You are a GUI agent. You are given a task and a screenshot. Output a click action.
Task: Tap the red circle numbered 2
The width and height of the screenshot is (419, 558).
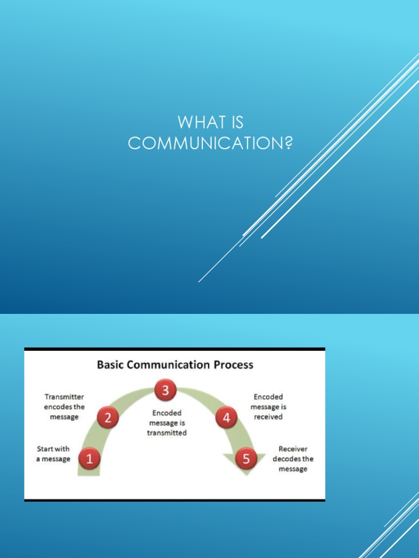108,418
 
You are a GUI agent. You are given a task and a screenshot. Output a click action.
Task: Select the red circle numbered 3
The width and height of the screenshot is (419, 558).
164,390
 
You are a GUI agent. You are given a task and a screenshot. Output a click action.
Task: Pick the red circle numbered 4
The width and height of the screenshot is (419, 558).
226,418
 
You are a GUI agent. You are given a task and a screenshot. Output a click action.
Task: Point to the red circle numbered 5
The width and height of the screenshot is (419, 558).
246,459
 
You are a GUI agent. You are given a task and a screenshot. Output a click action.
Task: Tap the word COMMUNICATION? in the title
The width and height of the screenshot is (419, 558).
210,143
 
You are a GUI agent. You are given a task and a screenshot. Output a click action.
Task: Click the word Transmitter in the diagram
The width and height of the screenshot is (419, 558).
64,397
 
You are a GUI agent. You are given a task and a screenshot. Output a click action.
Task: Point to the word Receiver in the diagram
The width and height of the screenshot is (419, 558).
293,449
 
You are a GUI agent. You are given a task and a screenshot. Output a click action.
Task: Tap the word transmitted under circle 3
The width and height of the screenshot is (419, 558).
167,433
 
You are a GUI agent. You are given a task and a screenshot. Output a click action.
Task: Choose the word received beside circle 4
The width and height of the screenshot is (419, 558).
268,417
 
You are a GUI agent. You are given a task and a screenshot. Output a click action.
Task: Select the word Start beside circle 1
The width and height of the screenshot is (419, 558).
45,449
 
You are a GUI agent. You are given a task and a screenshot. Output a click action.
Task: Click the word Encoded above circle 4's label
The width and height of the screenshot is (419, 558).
268,397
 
